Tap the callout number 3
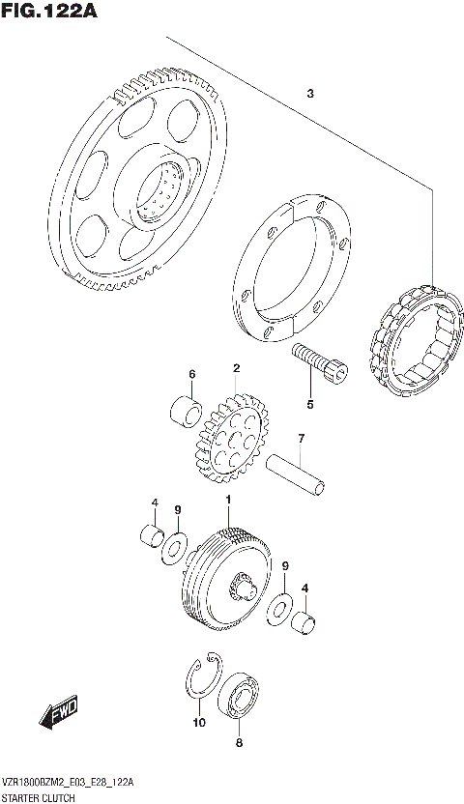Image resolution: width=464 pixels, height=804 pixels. click(x=309, y=94)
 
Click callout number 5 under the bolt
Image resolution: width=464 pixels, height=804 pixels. click(x=310, y=404)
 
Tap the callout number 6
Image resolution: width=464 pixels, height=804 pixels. click(x=191, y=375)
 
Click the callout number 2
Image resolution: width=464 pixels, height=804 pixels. click(x=235, y=368)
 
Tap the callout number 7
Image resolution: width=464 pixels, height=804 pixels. click(x=301, y=439)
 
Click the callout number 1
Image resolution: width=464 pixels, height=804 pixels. click(x=228, y=500)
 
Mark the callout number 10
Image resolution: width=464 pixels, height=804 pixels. click(x=199, y=722)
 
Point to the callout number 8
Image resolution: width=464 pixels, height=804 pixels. click(x=240, y=743)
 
